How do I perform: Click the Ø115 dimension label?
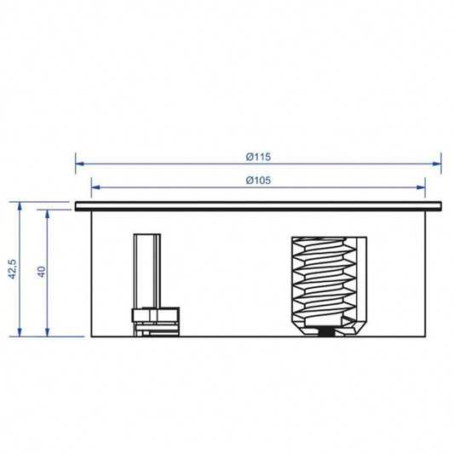click(258, 157)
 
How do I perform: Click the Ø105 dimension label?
click(258, 181)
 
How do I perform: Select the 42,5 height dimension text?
click(13, 269)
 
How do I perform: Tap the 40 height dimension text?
click(42, 272)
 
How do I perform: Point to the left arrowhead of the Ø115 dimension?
click(79, 164)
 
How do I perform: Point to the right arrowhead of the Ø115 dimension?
click(437, 164)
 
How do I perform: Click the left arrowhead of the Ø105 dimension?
click(95, 187)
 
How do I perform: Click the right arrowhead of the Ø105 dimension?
click(421, 187)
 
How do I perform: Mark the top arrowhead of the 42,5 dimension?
click(20, 206)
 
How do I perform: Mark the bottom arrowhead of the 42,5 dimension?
click(20, 332)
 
